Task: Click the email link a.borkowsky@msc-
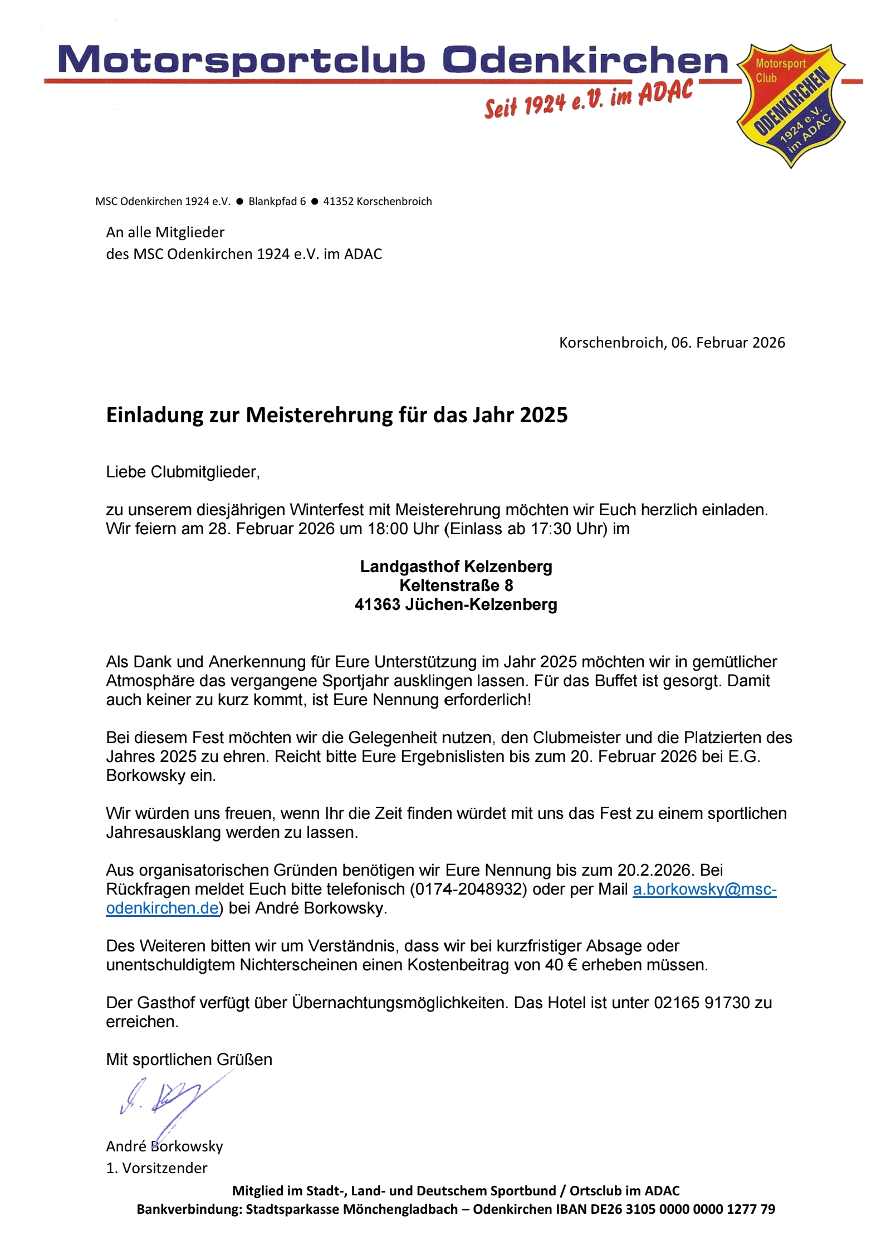click(x=704, y=889)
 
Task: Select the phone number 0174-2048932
click(x=468, y=889)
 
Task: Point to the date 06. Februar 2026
click(x=728, y=343)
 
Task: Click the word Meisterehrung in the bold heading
click(x=319, y=415)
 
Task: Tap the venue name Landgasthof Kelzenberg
click(x=456, y=566)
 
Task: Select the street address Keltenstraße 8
click(x=456, y=585)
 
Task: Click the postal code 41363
click(x=377, y=604)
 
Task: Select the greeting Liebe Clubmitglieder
click(x=183, y=472)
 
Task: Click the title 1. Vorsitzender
click(x=156, y=1168)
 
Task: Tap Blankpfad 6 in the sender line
click(x=277, y=202)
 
